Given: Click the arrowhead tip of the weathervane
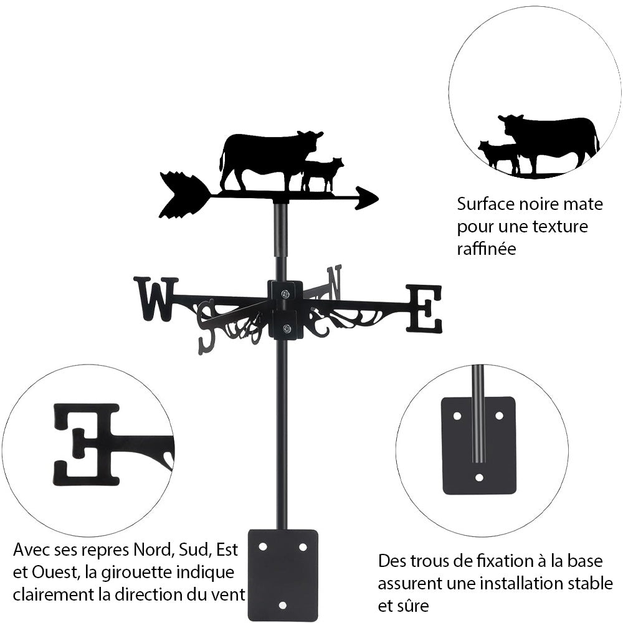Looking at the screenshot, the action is click(378, 198).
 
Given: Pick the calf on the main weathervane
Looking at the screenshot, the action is click(322, 175).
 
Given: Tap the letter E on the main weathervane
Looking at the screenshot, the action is click(424, 308).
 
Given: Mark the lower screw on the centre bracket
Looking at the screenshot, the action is click(286, 328).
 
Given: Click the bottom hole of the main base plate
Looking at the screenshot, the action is click(282, 606).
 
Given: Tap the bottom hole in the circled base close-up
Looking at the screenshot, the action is click(479, 477).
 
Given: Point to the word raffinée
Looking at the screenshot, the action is click(487, 249).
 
